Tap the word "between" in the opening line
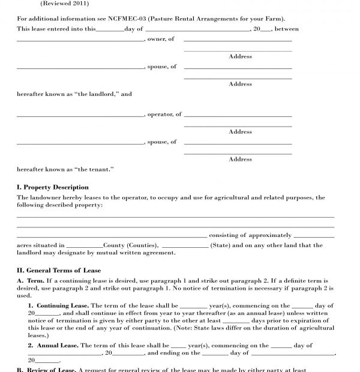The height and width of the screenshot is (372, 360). click(287, 29)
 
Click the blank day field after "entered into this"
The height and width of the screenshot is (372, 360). click(110, 29)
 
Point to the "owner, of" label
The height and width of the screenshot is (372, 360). click(161, 39)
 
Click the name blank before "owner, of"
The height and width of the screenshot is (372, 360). click(80, 40)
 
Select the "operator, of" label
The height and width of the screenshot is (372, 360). click(164, 114)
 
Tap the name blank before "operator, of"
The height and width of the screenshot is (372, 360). click(80, 115)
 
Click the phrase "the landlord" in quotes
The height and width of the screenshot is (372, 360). click(98, 94)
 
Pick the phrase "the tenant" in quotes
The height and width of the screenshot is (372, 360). click(95, 169)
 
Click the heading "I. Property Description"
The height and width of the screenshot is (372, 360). click(53, 187)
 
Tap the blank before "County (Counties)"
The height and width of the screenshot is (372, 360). click(85, 246)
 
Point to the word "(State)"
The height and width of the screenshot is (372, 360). click(220, 245)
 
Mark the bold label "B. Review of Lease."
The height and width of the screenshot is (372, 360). click(46, 370)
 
